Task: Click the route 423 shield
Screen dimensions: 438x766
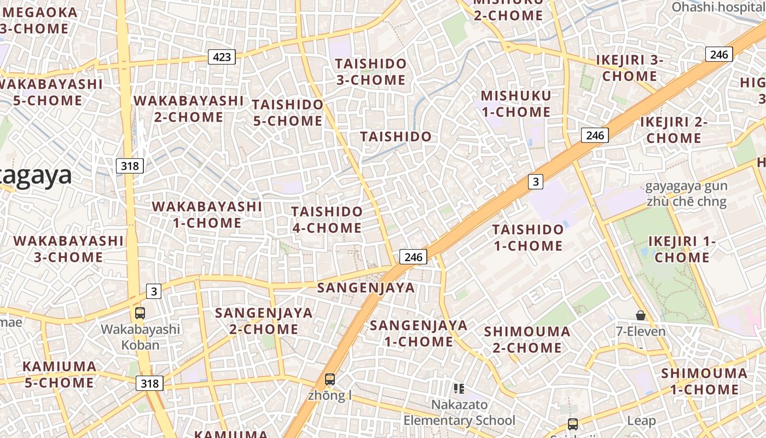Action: (222, 56)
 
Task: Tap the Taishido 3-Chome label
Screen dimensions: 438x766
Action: (371, 72)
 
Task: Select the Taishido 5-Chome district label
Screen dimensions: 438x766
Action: (288, 112)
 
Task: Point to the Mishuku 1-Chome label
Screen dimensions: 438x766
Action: (515, 104)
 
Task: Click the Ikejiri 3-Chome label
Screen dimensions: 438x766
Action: (629, 68)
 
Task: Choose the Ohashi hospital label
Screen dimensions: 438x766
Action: (718, 7)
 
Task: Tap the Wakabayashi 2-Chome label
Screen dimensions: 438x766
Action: (189, 109)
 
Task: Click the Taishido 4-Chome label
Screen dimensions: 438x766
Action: (327, 220)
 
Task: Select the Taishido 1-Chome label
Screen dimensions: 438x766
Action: (528, 237)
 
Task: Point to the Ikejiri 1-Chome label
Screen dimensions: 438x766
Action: (682, 249)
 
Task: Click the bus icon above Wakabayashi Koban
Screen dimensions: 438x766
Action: (140, 313)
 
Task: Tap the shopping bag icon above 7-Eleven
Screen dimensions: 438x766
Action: (641, 315)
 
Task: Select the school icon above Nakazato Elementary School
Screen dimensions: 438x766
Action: (459, 389)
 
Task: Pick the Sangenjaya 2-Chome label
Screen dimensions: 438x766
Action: (264, 321)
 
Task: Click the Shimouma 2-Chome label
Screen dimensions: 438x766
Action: (527, 339)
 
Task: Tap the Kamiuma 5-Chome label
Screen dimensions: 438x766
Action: (59, 374)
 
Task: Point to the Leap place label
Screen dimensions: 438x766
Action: (641, 420)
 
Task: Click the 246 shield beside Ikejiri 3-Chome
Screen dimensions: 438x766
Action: (719, 54)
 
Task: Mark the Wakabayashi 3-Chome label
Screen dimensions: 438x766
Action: (68, 249)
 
